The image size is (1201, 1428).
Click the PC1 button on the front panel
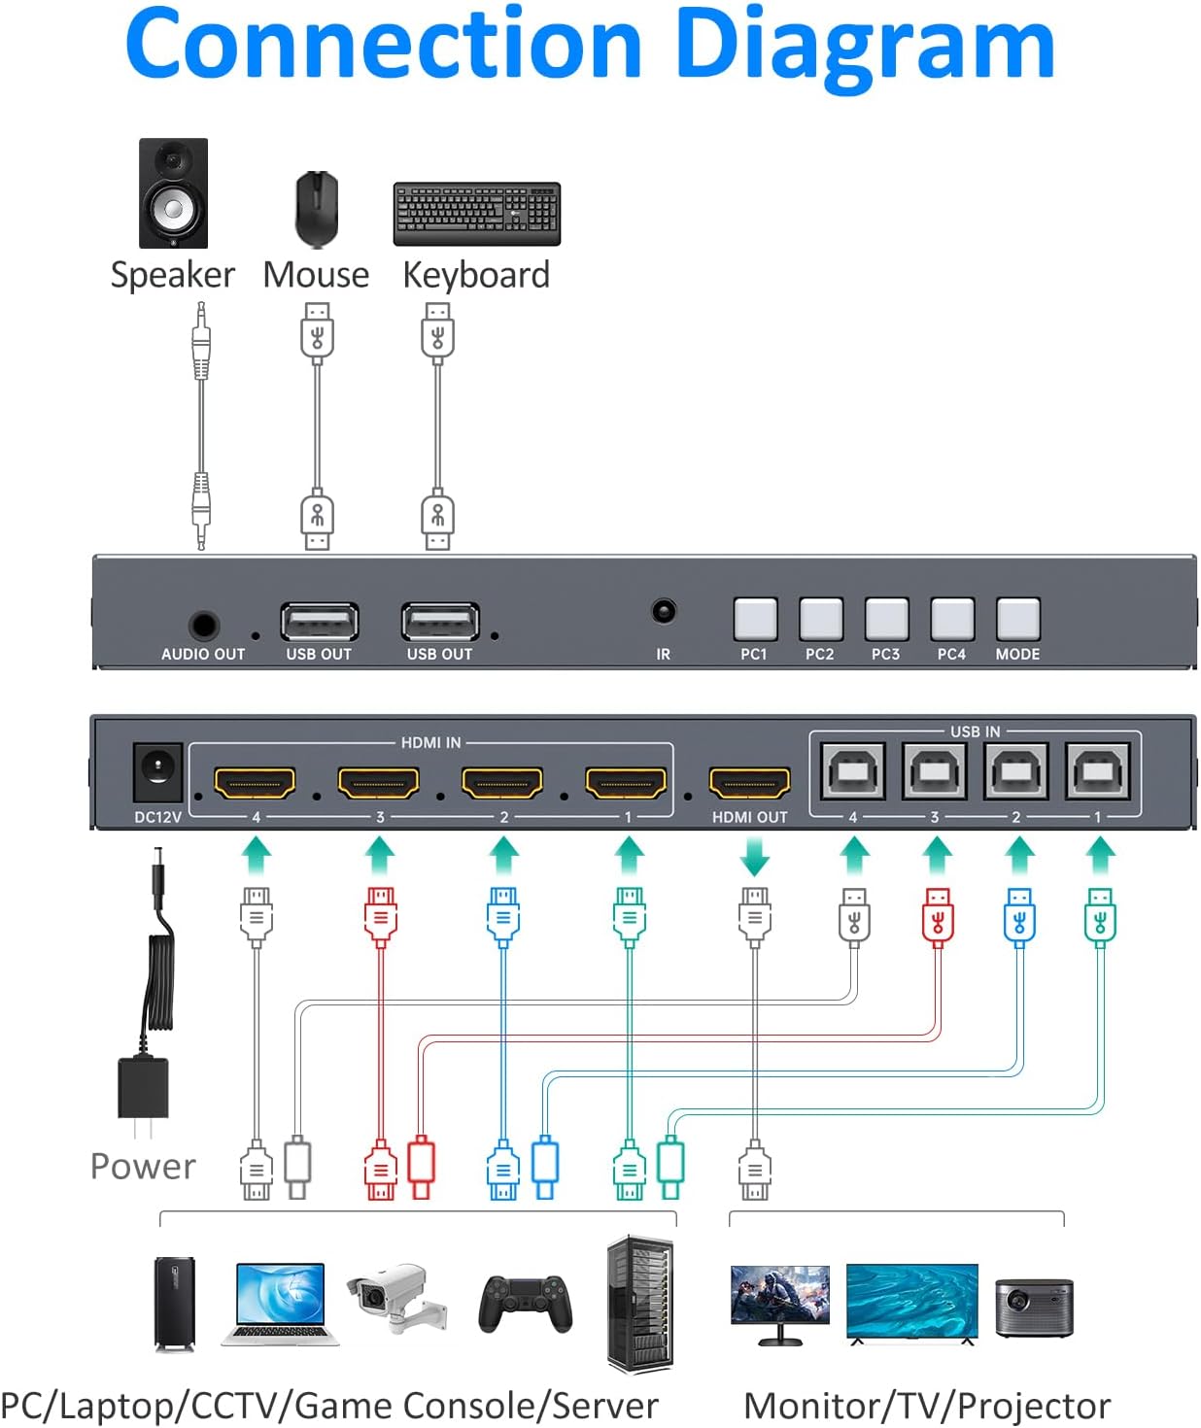pos(755,619)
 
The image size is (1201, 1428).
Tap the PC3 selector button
pos(886,619)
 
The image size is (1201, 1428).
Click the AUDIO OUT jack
pos(203,625)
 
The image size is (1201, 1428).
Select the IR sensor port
pos(664,611)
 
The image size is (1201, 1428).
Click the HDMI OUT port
pos(749,782)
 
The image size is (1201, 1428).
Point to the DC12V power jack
pos(156,771)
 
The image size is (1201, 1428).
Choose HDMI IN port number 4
pos(255,782)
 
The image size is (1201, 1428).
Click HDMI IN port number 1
pos(627,782)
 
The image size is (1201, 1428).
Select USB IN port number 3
pos(934,771)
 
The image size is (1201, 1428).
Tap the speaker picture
pos(173,192)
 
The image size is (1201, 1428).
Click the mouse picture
pos(317,209)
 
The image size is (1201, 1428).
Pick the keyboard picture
pos(476,213)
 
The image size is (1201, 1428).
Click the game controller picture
pos(525,1303)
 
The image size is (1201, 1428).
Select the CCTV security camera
pos(397,1299)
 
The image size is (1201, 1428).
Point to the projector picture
pos(1034,1307)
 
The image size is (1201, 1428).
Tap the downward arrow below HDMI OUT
pos(755,858)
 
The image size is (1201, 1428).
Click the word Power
pos(143,1166)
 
